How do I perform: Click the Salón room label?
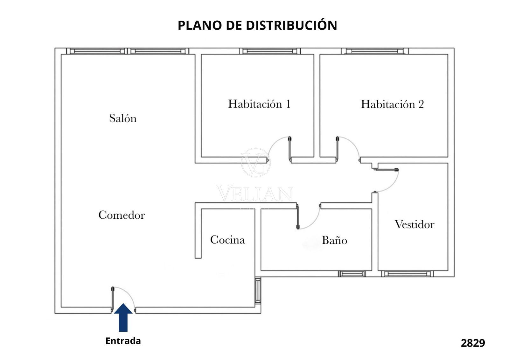(x=123, y=118)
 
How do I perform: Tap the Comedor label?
(x=122, y=215)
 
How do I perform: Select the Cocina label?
(x=227, y=240)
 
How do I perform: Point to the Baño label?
(x=334, y=240)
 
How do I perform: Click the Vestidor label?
(x=414, y=225)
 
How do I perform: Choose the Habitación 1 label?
(x=259, y=104)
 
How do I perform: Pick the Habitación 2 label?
(x=392, y=104)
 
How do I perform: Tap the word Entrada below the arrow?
(x=123, y=341)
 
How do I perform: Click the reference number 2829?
(x=473, y=343)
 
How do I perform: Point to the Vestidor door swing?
(x=390, y=183)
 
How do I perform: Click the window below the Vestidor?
(x=407, y=273)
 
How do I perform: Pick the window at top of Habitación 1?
(x=270, y=51)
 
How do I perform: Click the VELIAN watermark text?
(x=254, y=194)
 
